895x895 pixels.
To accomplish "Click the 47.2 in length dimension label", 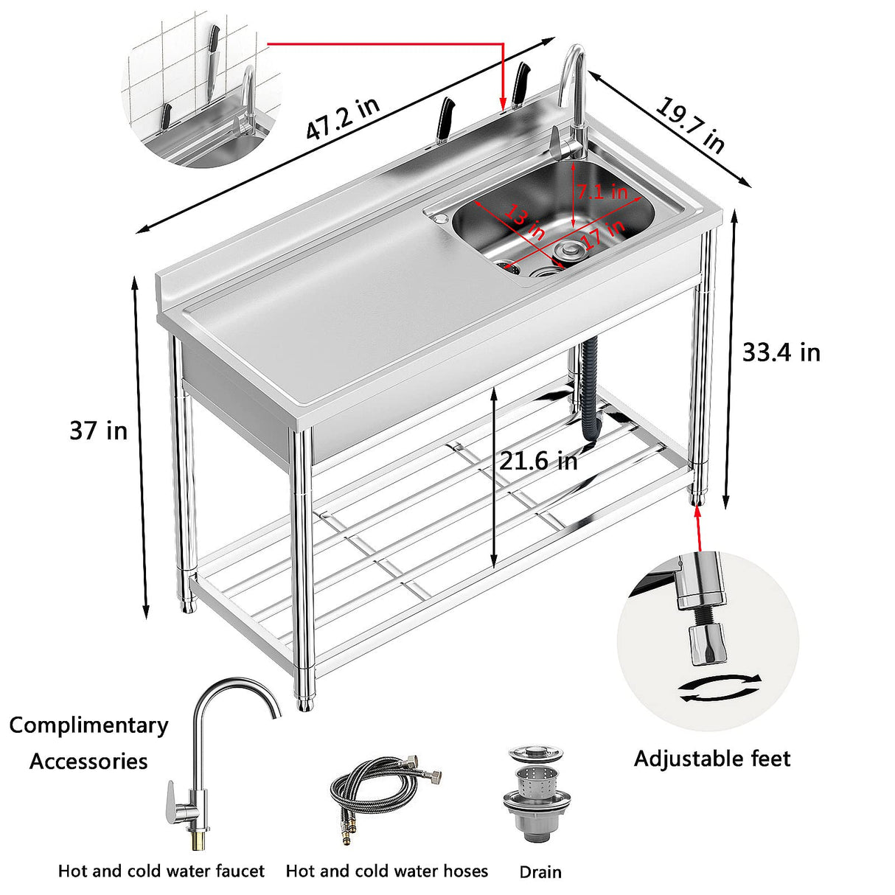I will point(343,118).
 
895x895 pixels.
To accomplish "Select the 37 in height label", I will point(98,431).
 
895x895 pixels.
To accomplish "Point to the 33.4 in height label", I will point(781,352).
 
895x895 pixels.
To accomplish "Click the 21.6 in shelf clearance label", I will point(538,462).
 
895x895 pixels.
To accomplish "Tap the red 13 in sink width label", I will point(524,223).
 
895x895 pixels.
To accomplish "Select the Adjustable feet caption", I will point(711,759).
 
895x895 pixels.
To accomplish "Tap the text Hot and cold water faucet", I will point(161,871).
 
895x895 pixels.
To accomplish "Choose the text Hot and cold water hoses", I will point(386,871).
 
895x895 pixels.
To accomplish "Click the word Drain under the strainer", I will point(540,872).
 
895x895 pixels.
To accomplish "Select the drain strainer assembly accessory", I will point(535,793).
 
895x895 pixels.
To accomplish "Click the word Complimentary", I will point(88,725).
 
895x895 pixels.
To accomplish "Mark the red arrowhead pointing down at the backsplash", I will point(503,103).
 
